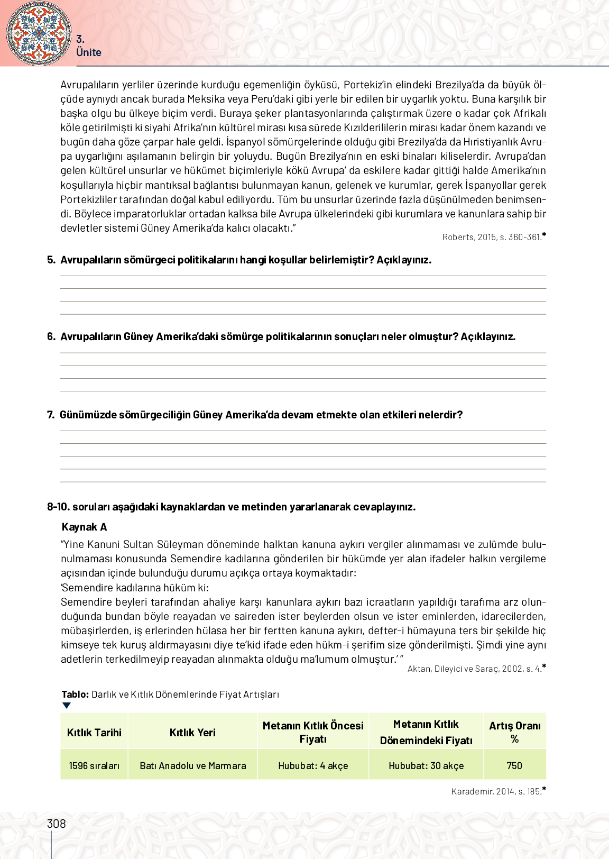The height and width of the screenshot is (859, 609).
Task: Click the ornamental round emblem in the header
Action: tap(38, 33)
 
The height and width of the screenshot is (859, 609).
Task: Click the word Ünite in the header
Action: tap(88, 52)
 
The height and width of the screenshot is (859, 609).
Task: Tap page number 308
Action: tap(57, 824)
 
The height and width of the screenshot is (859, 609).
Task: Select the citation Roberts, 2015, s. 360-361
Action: tap(492, 237)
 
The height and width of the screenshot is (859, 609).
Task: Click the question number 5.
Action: tap(51, 260)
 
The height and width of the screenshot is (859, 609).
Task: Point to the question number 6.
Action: tap(51, 336)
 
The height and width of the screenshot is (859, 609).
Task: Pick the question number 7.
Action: tap(51, 415)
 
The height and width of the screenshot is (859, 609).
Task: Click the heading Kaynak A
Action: tap(84, 527)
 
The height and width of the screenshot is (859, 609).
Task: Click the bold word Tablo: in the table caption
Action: tap(75, 694)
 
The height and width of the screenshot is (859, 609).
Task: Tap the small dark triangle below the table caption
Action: tap(66, 706)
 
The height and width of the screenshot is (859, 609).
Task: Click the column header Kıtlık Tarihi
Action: tap(94, 733)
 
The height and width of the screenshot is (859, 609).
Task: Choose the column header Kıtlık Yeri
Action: tap(192, 733)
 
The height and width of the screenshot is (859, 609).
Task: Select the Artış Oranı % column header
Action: tap(514, 732)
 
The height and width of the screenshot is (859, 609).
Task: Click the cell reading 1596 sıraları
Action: tap(94, 766)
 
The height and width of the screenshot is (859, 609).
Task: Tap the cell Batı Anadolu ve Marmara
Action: tap(192, 766)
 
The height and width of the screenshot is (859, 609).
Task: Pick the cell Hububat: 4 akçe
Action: tap(313, 766)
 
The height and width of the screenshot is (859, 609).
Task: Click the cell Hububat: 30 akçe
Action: tap(426, 766)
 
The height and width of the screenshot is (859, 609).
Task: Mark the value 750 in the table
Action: tap(514, 766)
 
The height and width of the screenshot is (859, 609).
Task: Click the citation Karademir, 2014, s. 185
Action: tap(496, 792)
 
